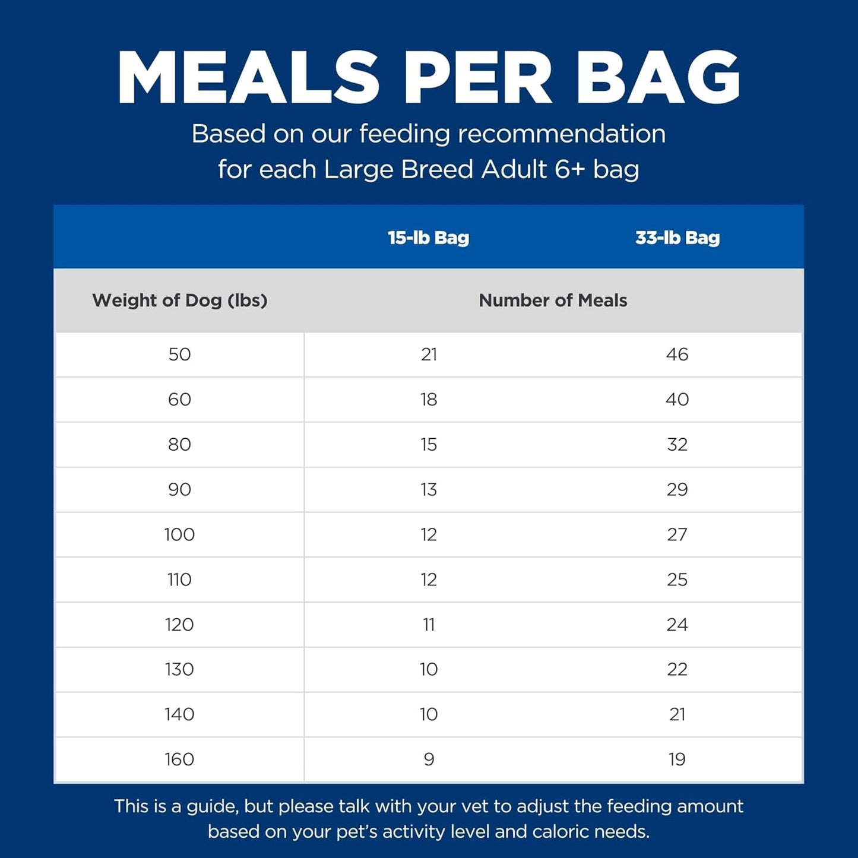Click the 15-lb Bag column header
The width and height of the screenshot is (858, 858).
pos(428,238)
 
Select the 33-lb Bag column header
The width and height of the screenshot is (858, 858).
pos(677,238)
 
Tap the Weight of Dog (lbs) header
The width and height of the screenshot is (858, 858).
pos(179,300)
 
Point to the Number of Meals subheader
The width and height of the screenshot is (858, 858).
pos(553,300)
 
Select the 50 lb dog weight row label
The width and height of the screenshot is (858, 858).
pos(179,354)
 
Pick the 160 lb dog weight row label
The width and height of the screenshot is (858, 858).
pos(179,759)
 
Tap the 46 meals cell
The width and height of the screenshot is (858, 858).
pos(677,354)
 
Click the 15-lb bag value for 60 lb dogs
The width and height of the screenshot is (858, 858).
pos(429,400)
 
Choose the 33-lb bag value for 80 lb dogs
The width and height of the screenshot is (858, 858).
pos(677,445)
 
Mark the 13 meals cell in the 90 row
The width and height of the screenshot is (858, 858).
pos(429,490)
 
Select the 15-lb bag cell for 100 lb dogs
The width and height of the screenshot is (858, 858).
pos(429,535)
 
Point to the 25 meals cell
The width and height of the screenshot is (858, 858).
pos(677,580)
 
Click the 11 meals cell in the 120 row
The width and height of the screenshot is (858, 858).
pos(429,625)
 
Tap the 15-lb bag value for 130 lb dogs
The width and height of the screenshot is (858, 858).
pos(429,670)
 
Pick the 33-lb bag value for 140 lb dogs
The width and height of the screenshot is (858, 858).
pos(677,714)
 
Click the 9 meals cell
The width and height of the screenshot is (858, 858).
pos(429,759)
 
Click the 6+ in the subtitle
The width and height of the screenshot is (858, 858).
pos(571,169)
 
